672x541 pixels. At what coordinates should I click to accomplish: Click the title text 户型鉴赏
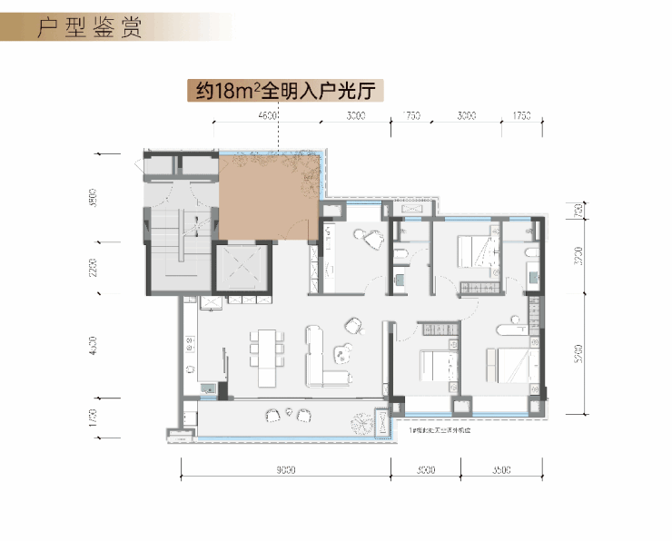[89, 27]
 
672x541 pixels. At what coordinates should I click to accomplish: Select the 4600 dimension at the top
[268, 116]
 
